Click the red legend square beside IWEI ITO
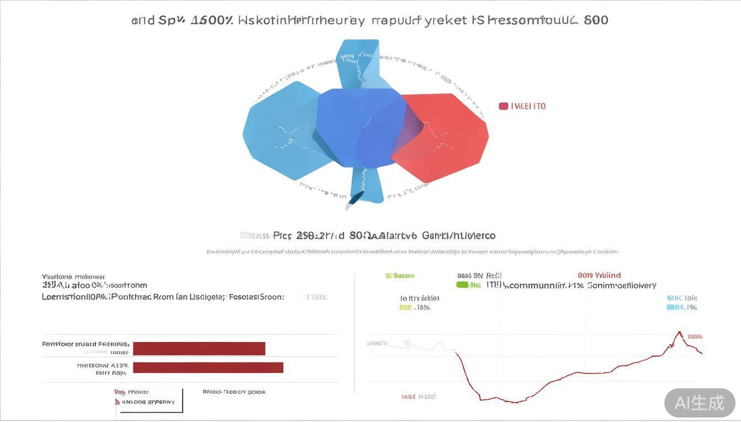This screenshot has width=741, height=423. tap(503, 106)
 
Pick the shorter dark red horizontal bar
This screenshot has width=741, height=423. tap(199, 349)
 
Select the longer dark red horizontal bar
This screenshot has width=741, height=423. tap(208, 367)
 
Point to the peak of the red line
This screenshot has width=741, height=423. tap(679, 333)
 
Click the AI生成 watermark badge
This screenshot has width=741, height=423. tap(700, 403)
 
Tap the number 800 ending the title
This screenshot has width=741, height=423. tap(595, 20)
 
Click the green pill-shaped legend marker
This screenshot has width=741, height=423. tap(462, 285)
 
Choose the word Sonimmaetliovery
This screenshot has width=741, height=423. tap(621, 285)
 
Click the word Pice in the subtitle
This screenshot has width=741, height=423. tap(282, 236)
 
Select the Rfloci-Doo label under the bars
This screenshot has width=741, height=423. tap(234, 392)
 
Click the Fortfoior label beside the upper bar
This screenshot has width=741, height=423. tap(85, 344)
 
